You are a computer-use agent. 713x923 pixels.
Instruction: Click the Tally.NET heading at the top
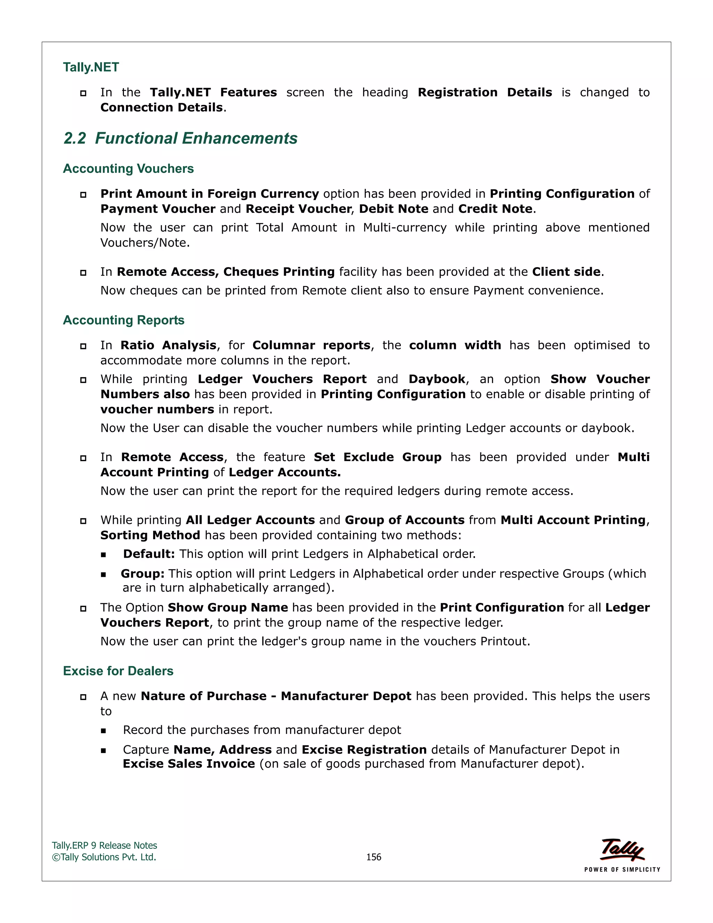point(91,67)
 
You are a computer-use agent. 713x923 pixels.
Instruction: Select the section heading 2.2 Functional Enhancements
point(180,138)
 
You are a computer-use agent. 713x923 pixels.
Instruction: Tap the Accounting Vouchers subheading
point(128,169)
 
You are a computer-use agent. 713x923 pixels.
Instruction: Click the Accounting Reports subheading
point(123,320)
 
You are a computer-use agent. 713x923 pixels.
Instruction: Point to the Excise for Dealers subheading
point(118,671)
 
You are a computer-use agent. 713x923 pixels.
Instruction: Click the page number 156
point(374,857)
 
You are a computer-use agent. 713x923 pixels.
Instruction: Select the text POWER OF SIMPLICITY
point(622,869)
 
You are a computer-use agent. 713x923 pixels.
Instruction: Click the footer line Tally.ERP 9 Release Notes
point(104,845)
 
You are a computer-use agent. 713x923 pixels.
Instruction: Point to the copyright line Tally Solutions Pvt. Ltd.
point(104,857)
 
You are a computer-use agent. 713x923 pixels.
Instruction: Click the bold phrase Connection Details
point(161,107)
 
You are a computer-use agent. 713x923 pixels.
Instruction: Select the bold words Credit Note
point(495,209)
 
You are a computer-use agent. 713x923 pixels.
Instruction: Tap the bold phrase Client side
point(566,272)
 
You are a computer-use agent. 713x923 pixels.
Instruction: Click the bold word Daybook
point(437,379)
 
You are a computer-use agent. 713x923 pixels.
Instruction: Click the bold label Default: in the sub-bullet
point(149,554)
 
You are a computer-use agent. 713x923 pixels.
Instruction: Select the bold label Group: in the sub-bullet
point(142,574)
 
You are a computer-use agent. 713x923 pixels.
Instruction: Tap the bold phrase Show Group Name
point(228,608)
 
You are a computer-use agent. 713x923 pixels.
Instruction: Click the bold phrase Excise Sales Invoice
point(189,764)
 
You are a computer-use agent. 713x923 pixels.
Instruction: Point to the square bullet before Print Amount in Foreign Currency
point(83,194)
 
